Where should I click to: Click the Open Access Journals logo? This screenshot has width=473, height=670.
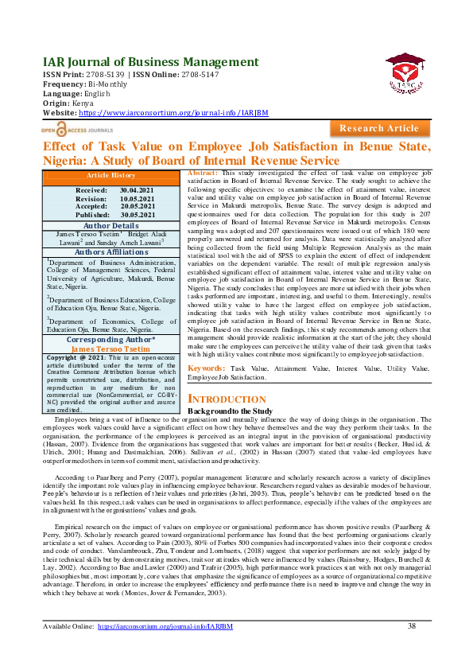point(77,127)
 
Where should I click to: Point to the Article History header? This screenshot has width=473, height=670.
point(110,175)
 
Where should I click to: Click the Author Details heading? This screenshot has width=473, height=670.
point(111,225)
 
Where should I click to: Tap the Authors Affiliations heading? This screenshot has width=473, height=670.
point(111,251)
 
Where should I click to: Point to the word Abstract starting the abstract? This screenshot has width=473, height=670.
point(203,173)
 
